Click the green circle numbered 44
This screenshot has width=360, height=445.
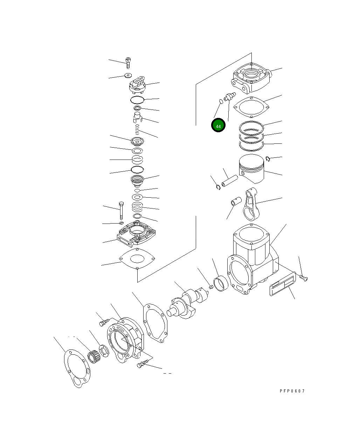pos(218,125)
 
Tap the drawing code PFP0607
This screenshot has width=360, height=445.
pos(292,391)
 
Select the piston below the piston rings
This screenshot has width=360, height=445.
pos(251,168)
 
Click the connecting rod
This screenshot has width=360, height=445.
pos(251,204)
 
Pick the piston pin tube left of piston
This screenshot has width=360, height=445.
pos(230,181)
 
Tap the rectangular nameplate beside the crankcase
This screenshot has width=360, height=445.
pos(283,284)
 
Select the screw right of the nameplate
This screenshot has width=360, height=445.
pos(303,278)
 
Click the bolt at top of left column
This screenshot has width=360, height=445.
pos(128,63)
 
